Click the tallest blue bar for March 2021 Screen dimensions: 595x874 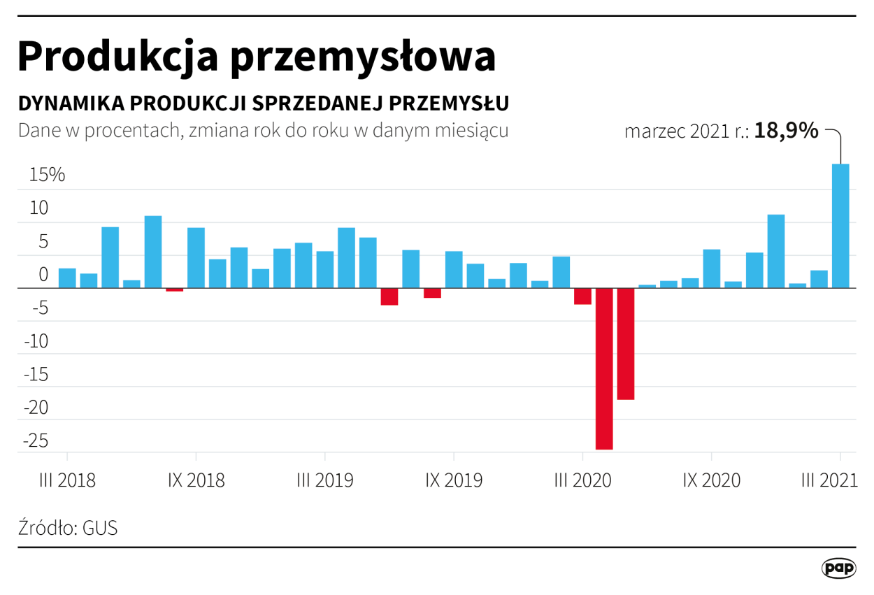[840, 226]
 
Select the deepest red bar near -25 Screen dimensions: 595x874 [604, 368]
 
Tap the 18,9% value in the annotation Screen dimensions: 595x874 [786, 131]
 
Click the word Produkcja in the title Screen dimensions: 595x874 [116, 57]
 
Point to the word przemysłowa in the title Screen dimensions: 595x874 [363, 58]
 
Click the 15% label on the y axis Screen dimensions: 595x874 [47, 175]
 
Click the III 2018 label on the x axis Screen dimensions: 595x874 [67, 481]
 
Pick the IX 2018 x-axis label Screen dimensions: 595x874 [196, 481]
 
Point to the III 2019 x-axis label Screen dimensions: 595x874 [325, 481]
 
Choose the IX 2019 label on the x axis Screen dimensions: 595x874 [454, 481]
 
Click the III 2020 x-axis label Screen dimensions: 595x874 [582, 481]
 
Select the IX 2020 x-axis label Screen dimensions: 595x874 [711, 481]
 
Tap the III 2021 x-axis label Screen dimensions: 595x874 [829, 481]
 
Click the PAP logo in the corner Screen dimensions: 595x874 [838, 568]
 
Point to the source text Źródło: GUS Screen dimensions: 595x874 [68, 528]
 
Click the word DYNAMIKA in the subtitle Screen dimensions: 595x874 [70, 103]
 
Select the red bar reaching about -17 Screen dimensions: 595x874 [625, 343]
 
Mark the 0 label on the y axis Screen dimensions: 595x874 [43, 275]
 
